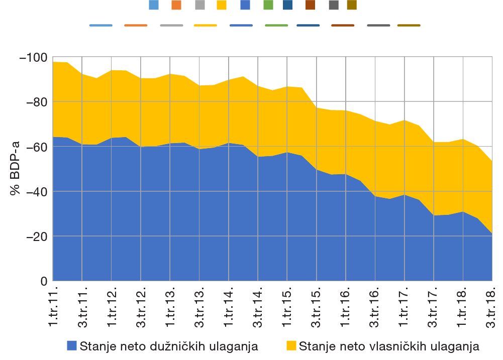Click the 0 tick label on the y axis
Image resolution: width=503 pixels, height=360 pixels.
(44, 281)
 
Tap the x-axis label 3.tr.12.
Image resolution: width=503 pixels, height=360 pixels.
(141, 307)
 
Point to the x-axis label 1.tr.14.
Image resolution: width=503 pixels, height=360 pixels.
(229, 307)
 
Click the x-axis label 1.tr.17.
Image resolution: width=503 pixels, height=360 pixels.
(405, 307)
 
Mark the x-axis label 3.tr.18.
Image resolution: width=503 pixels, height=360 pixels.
(492, 307)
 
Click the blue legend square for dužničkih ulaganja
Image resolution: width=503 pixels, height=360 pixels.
(72, 346)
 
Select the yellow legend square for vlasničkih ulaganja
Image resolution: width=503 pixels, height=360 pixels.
(291, 346)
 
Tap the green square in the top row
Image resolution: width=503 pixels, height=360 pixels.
(268, 5)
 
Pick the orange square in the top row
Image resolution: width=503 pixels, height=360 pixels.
(176, 5)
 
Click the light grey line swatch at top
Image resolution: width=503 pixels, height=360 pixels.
(171, 25)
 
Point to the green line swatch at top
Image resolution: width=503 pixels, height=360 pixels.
(276, 25)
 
